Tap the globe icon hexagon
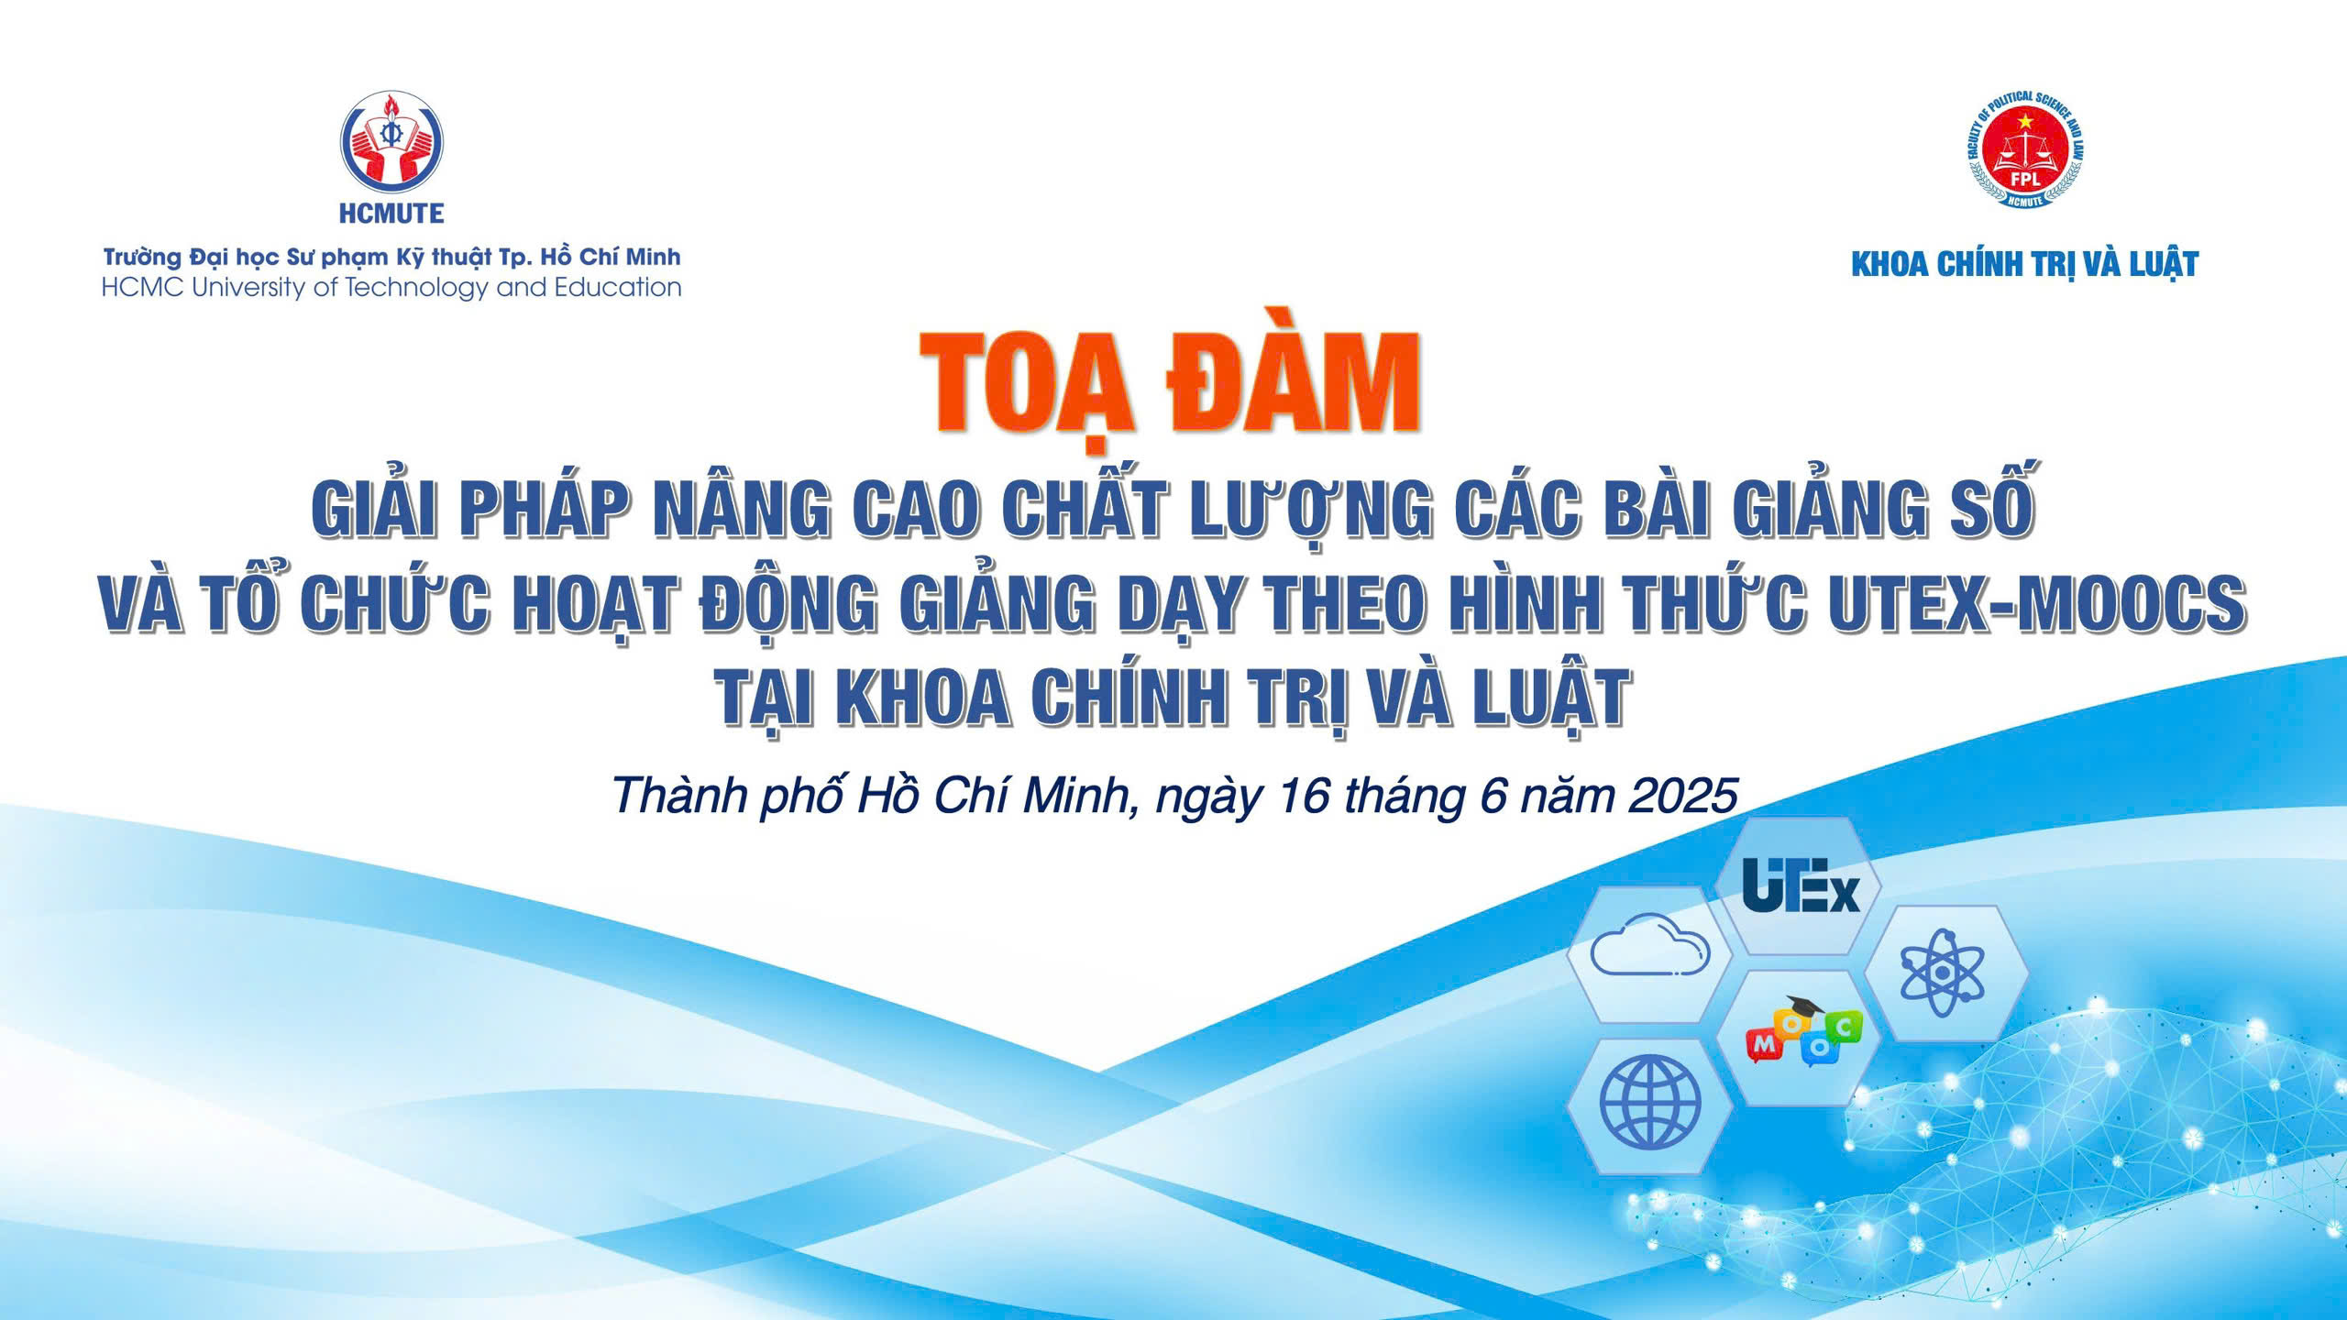1650,1105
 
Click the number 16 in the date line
1305,797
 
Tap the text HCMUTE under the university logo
391,214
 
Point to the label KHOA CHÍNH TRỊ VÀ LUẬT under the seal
2025,265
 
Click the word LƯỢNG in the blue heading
1309,511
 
